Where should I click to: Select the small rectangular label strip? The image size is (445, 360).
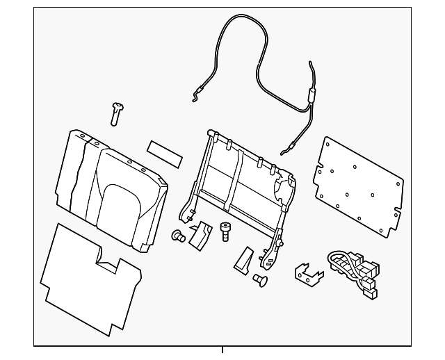click(x=164, y=153)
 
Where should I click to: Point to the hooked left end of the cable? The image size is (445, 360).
click(x=195, y=97)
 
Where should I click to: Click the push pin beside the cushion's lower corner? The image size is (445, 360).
click(x=178, y=236)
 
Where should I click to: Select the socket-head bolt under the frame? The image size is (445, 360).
click(x=225, y=230)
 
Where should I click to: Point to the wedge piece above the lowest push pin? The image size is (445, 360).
click(x=244, y=259)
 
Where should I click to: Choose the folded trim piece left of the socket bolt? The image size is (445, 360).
click(x=200, y=236)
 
